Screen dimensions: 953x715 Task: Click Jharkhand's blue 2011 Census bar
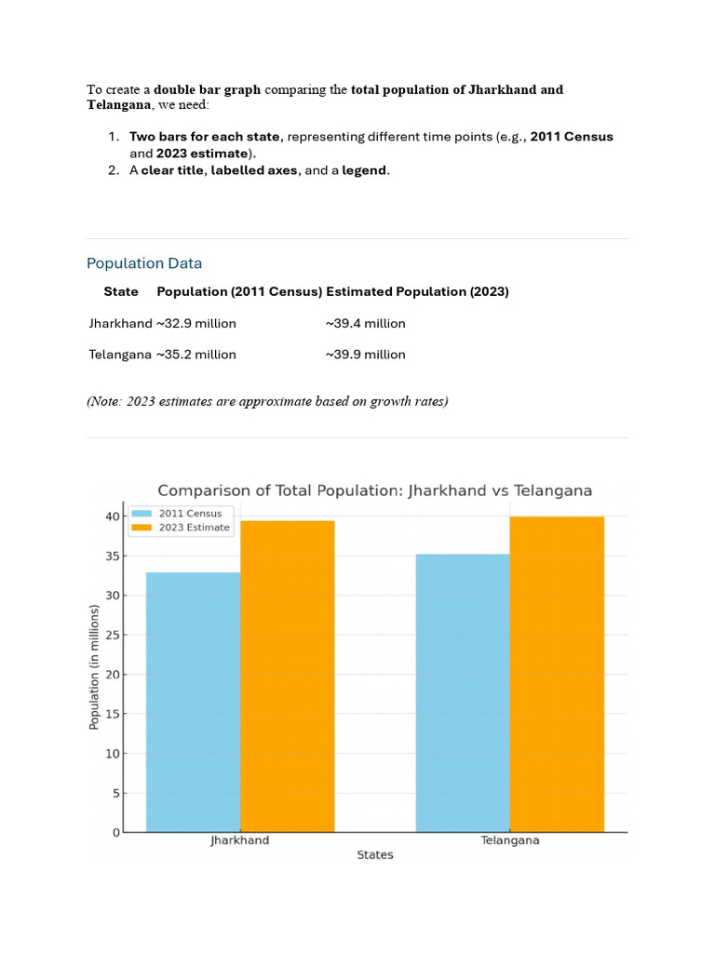click(193, 702)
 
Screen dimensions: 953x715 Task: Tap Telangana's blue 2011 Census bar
click(463, 692)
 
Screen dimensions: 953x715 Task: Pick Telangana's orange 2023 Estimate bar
click(557, 674)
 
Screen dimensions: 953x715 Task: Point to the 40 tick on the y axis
click(112, 517)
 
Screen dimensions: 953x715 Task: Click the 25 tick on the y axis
click(112, 636)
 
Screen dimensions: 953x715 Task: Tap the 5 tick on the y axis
click(115, 794)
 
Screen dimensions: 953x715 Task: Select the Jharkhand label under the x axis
click(240, 840)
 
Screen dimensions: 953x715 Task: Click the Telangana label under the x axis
click(509, 840)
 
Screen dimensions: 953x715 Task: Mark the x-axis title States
click(375, 855)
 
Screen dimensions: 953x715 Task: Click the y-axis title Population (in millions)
click(94, 667)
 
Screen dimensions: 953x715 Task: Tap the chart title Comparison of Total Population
click(374, 490)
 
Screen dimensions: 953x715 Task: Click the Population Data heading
click(144, 263)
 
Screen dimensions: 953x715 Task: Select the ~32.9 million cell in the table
click(196, 324)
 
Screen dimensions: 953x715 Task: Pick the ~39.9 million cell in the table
click(366, 355)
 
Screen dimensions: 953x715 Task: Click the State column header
click(121, 292)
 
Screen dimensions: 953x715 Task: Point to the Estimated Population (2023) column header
click(417, 292)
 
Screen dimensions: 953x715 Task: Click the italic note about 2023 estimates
click(267, 402)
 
